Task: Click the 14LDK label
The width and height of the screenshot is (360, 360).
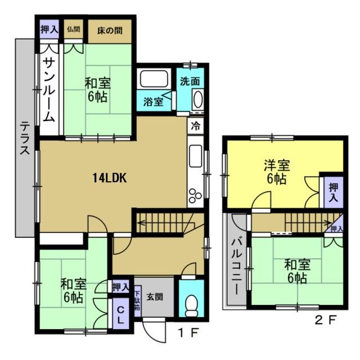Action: tap(109, 178)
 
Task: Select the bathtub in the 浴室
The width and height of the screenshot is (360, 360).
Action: tap(154, 78)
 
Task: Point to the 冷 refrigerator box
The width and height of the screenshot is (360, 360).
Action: tap(196, 126)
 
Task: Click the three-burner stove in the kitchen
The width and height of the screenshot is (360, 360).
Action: tap(195, 196)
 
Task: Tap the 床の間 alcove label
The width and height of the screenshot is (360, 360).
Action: tap(110, 31)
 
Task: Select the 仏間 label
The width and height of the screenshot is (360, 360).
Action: tap(74, 29)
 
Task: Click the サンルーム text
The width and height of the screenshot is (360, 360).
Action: tap(49, 90)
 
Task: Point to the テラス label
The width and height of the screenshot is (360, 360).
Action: tap(25, 138)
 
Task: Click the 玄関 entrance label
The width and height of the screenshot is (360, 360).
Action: tap(155, 297)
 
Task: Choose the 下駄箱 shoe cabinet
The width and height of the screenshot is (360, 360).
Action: tap(137, 301)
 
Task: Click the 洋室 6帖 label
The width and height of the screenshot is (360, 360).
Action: tap(277, 172)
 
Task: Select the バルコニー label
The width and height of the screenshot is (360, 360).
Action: tap(236, 267)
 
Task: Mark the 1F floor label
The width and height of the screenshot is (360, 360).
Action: tap(188, 332)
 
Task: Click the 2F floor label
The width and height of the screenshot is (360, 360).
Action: tap(325, 320)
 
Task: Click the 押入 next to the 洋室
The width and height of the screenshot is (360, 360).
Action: tap(334, 192)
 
